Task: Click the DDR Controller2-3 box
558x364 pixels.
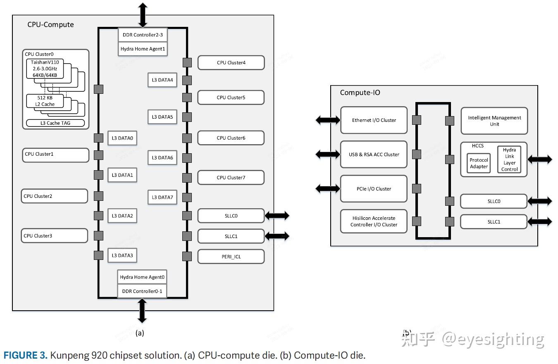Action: pos(142,35)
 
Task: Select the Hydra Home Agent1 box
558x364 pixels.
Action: pos(142,49)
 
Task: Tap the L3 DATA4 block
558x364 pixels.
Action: pos(162,80)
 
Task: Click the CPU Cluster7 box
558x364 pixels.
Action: pos(231,178)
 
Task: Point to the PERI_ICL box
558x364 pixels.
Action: pos(231,257)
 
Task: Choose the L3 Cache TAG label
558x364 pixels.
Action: pos(55,123)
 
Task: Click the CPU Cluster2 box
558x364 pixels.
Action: pos(55,196)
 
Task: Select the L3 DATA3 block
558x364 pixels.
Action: pos(122,256)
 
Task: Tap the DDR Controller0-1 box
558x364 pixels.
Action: pos(142,291)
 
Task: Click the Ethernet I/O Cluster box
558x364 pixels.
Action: pos(374,120)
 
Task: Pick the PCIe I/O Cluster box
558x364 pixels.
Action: pos(374,189)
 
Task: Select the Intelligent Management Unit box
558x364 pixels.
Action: pos(494,121)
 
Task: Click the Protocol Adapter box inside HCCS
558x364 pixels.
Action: pos(479,163)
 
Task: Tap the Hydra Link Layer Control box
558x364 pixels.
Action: pos(509,159)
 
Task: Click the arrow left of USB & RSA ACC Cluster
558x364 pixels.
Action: pos(328,155)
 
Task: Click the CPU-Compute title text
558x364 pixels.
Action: pos(50,24)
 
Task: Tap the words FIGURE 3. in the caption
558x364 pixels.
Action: pos(26,355)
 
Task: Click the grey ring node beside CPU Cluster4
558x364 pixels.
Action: pos(187,62)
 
